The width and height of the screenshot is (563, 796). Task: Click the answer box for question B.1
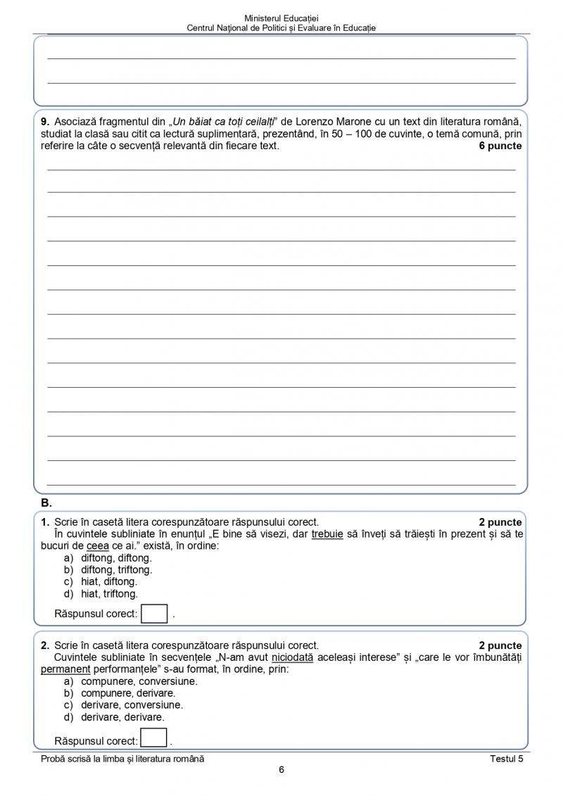coord(155,613)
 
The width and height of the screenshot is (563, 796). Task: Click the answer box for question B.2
coord(154,738)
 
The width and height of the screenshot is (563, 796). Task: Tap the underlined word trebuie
coord(327,534)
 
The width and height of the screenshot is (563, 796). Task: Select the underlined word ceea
coord(97,545)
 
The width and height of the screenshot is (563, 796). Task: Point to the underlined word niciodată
coord(293,657)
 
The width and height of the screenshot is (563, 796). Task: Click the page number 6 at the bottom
coord(281,769)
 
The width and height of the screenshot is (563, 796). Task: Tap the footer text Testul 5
coord(507,758)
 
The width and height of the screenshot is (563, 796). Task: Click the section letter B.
coord(46,503)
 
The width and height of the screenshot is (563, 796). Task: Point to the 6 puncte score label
coord(500,146)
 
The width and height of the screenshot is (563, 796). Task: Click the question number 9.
coord(45,120)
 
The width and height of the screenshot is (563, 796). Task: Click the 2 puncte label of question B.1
coord(500,522)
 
